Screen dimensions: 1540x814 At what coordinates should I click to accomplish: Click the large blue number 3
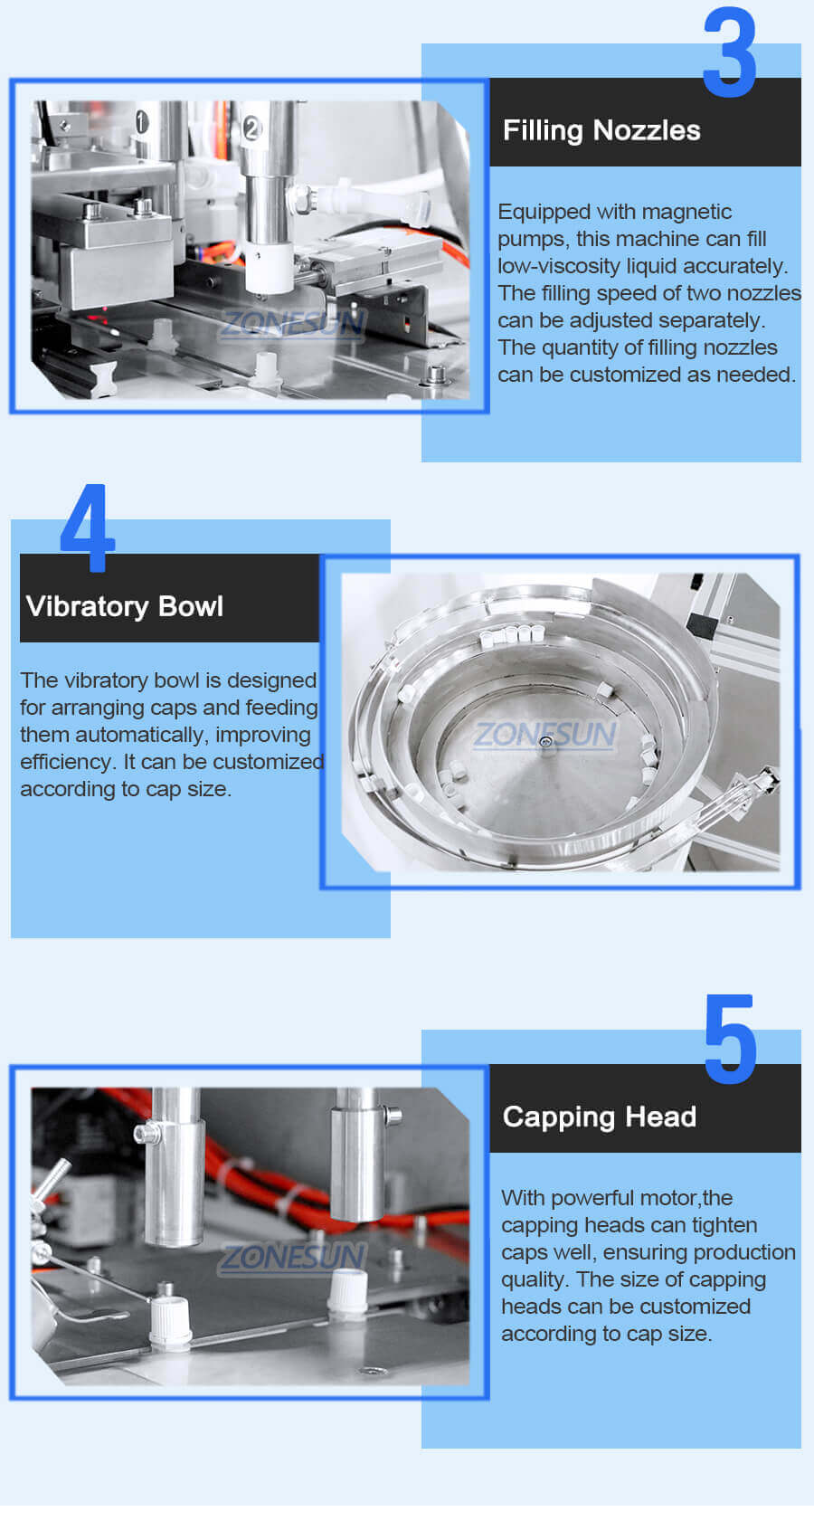729,53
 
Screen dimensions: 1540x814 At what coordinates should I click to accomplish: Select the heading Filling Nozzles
601,130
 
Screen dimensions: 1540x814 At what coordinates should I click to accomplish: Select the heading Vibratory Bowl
125,606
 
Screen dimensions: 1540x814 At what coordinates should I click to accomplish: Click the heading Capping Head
600,1117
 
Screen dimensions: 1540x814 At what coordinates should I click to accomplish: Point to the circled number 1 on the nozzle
142,120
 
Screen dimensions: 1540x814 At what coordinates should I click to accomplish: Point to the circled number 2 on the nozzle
251,128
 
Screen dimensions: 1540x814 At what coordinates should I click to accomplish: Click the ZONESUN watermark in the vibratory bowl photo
544,734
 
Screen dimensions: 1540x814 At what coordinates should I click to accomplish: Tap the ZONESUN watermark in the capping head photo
293,1256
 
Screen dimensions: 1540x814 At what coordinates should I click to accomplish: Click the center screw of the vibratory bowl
545,743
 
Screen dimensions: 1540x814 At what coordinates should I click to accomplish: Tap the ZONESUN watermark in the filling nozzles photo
293,323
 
